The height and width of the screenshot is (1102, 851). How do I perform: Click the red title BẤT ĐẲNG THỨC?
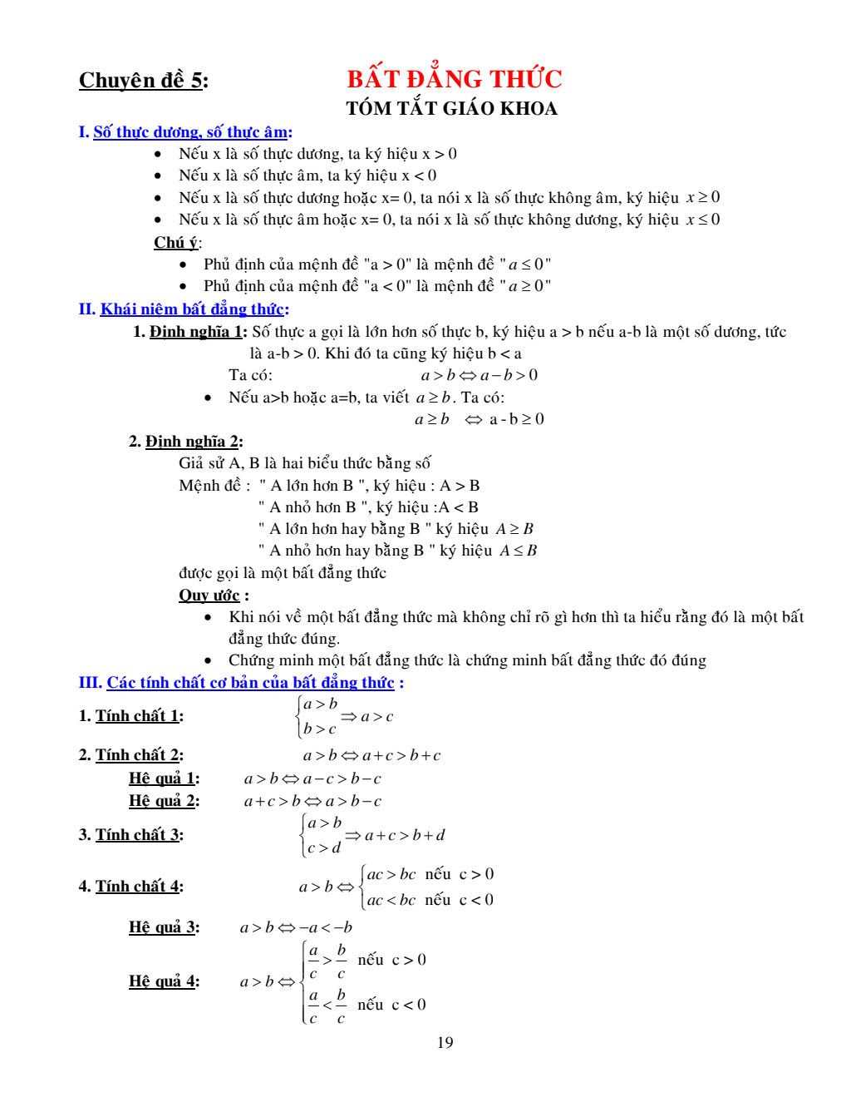click(454, 79)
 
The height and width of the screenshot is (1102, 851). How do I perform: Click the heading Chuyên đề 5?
click(143, 81)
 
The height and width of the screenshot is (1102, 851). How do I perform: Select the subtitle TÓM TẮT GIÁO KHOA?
click(451, 108)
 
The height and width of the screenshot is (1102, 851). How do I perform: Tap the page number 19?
click(445, 1042)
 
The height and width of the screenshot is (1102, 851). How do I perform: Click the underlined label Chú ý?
click(176, 242)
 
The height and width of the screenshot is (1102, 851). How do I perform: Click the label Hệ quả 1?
click(163, 778)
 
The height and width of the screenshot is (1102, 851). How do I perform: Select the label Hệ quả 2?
click(163, 800)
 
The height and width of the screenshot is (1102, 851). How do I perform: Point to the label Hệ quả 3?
click(163, 927)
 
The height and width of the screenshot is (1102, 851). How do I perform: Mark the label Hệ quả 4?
click(163, 981)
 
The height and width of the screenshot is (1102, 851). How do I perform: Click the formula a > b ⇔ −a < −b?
click(296, 927)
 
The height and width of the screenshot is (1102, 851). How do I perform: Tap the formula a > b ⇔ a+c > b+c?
click(371, 755)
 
